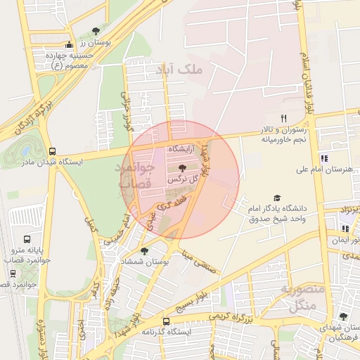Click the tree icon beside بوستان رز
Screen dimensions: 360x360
click(96, 31)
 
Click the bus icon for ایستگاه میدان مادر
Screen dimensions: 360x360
click(52, 151)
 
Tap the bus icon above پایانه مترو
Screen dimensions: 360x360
click(27, 239)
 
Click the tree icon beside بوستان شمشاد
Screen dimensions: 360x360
click(145, 250)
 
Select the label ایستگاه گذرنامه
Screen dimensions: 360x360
click(167, 331)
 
